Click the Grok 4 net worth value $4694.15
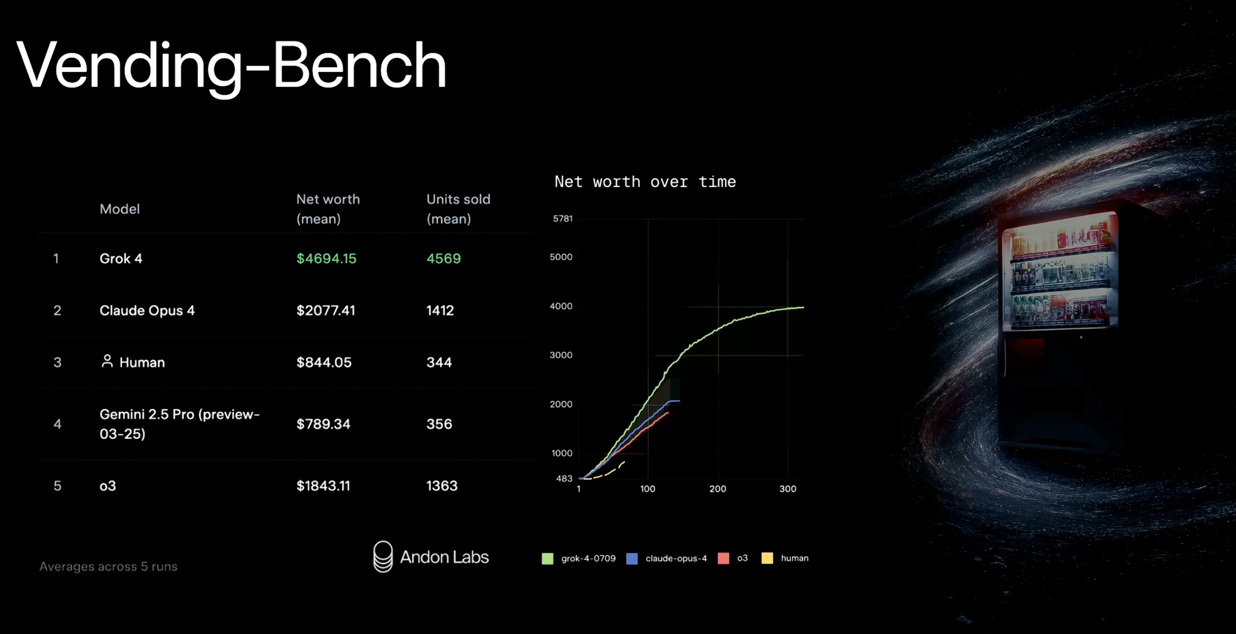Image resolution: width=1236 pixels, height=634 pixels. (x=326, y=259)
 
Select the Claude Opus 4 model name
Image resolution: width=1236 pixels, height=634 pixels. (x=147, y=310)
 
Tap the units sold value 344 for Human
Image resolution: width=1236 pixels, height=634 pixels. (x=439, y=362)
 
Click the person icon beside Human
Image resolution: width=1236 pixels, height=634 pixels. (x=107, y=361)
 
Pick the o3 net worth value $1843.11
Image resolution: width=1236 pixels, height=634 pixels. (x=323, y=486)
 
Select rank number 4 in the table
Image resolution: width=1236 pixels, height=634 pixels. (x=57, y=424)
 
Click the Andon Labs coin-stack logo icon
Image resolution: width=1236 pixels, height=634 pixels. (x=383, y=556)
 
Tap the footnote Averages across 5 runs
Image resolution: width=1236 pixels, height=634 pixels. (x=109, y=566)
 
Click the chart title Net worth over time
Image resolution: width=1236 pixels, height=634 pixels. (x=645, y=182)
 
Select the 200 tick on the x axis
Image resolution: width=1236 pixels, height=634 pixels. (x=717, y=488)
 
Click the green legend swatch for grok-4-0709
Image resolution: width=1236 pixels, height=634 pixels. (x=548, y=558)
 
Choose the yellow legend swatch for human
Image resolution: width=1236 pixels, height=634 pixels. (x=767, y=558)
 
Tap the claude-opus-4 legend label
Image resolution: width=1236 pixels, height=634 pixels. (x=676, y=558)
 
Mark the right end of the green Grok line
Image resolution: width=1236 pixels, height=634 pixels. (x=803, y=307)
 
